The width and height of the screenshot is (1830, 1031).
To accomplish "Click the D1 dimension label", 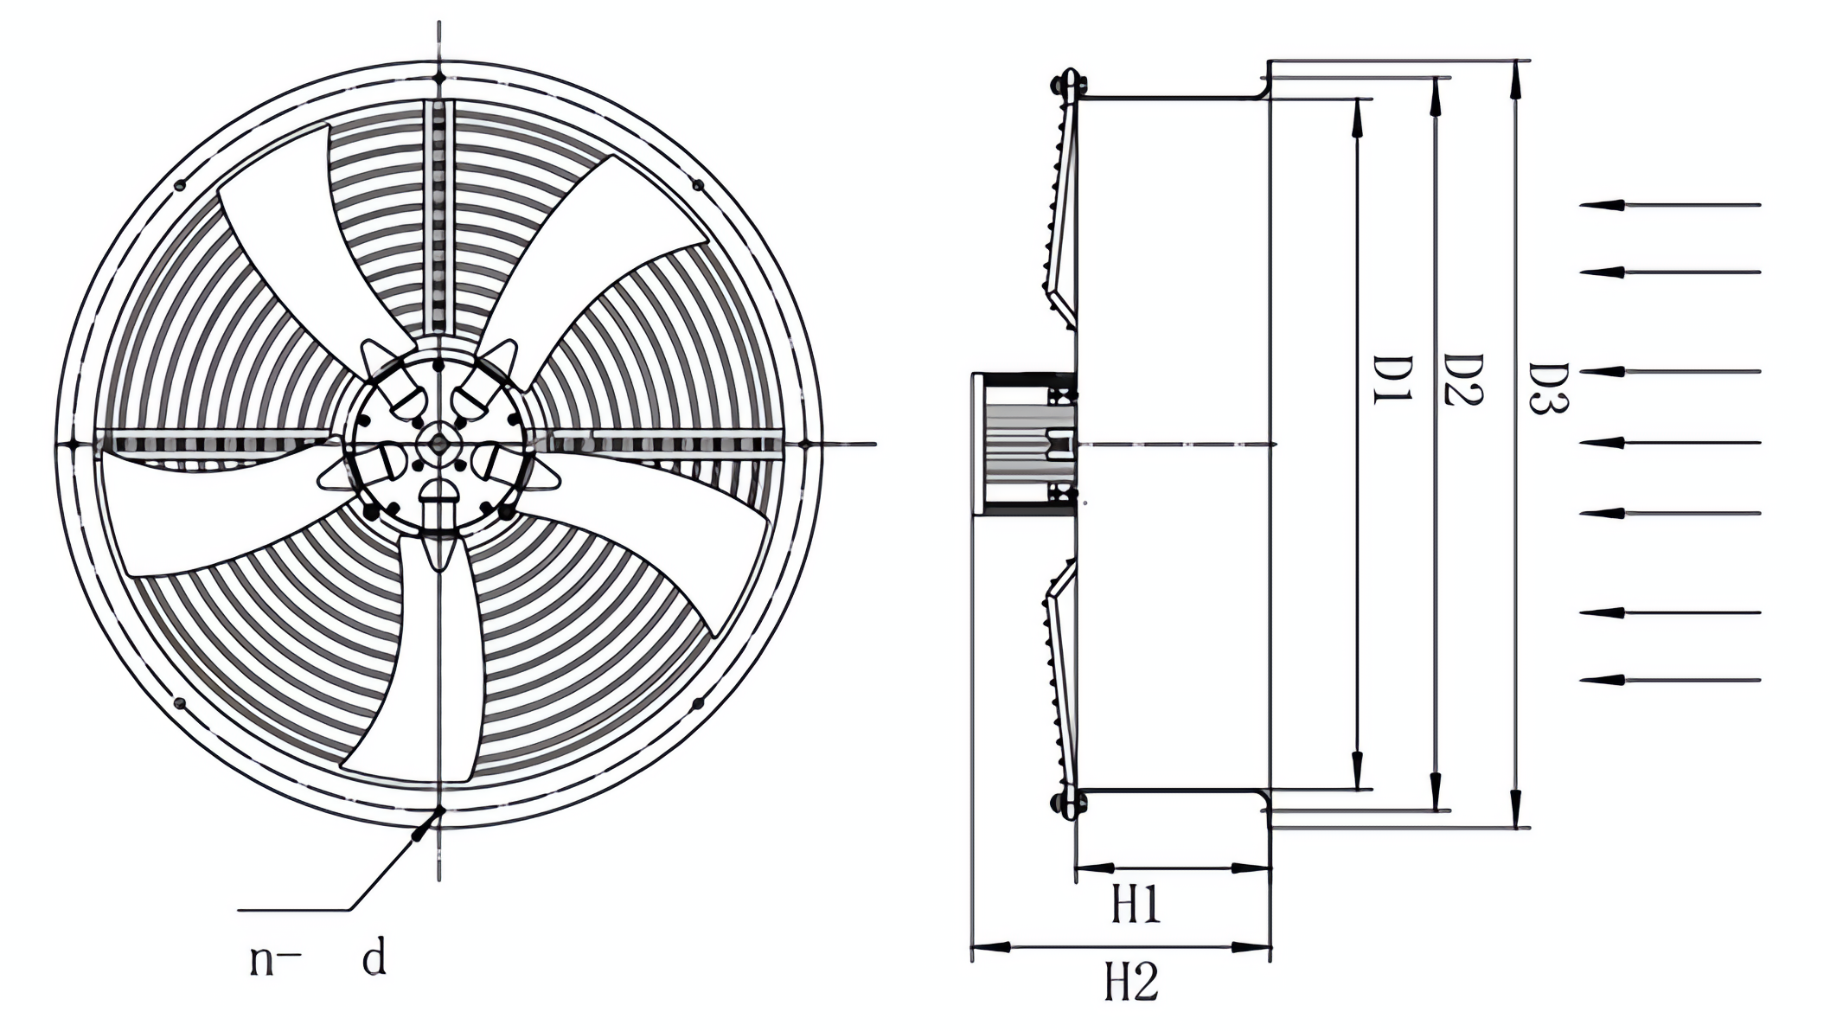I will click(x=1392, y=380).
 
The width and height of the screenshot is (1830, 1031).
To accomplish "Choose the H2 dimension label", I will click(x=1131, y=982).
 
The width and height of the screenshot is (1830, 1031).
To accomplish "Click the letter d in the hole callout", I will click(x=374, y=958).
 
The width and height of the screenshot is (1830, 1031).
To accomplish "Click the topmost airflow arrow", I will click(x=1669, y=205).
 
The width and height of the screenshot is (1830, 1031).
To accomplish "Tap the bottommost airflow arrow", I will click(x=1669, y=680).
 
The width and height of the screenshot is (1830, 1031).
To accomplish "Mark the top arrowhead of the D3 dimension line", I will click(x=1514, y=78).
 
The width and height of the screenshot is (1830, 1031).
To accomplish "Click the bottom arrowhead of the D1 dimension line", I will click(x=1358, y=770).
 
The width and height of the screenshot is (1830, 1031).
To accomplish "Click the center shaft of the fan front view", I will click(x=438, y=444).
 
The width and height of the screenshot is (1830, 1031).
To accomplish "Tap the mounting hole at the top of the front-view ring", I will click(x=439, y=78).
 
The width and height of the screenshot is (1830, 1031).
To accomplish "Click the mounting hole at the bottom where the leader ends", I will click(x=439, y=810).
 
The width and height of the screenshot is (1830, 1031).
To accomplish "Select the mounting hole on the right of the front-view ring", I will click(x=804, y=444).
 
